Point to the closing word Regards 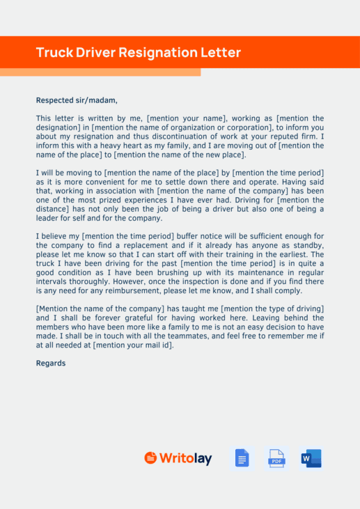click(51, 363)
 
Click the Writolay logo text click(185, 458)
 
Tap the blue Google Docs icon click(242, 458)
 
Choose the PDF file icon click(276, 458)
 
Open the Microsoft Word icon click(311, 458)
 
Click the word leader click(48, 218)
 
